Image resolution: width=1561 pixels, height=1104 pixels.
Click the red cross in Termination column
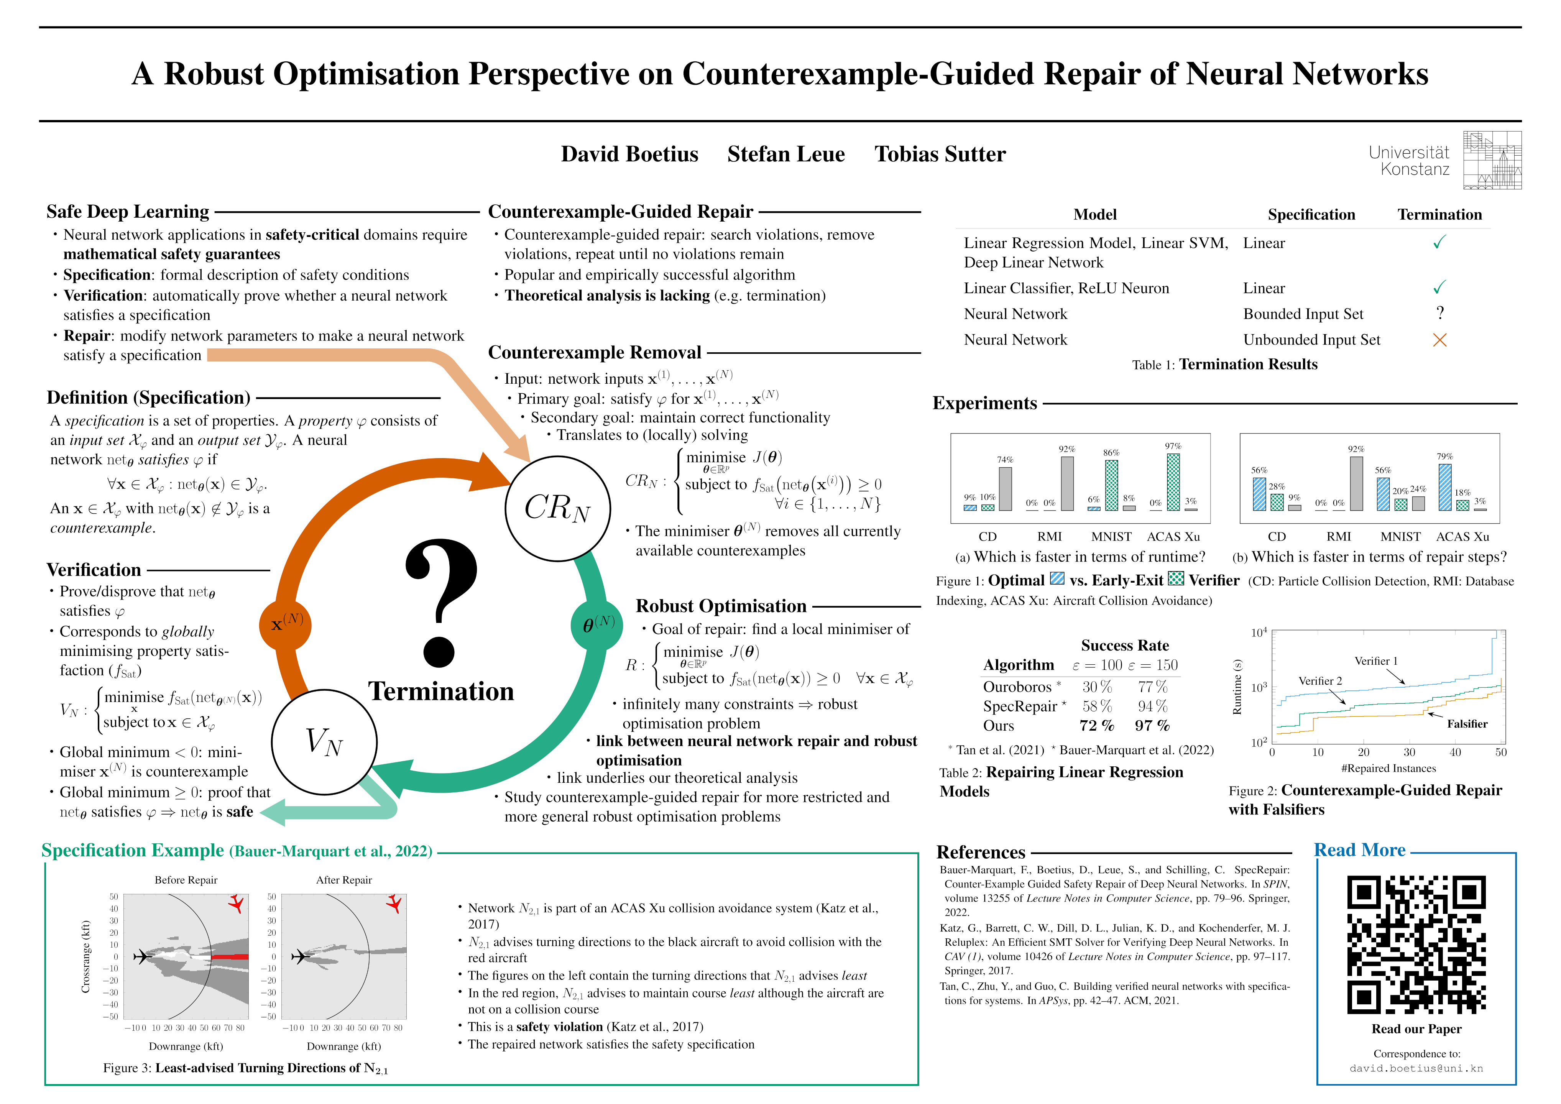point(1439,340)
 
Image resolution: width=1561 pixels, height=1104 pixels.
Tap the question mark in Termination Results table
point(1439,314)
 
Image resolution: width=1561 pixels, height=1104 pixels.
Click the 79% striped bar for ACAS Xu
point(1445,487)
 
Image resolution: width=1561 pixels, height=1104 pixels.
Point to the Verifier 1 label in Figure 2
point(1376,661)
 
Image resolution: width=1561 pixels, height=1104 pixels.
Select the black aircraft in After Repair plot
point(300,957)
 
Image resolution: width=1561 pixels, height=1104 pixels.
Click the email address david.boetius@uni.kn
point(1416,1069)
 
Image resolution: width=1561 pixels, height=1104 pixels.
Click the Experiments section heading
point(984,403)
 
